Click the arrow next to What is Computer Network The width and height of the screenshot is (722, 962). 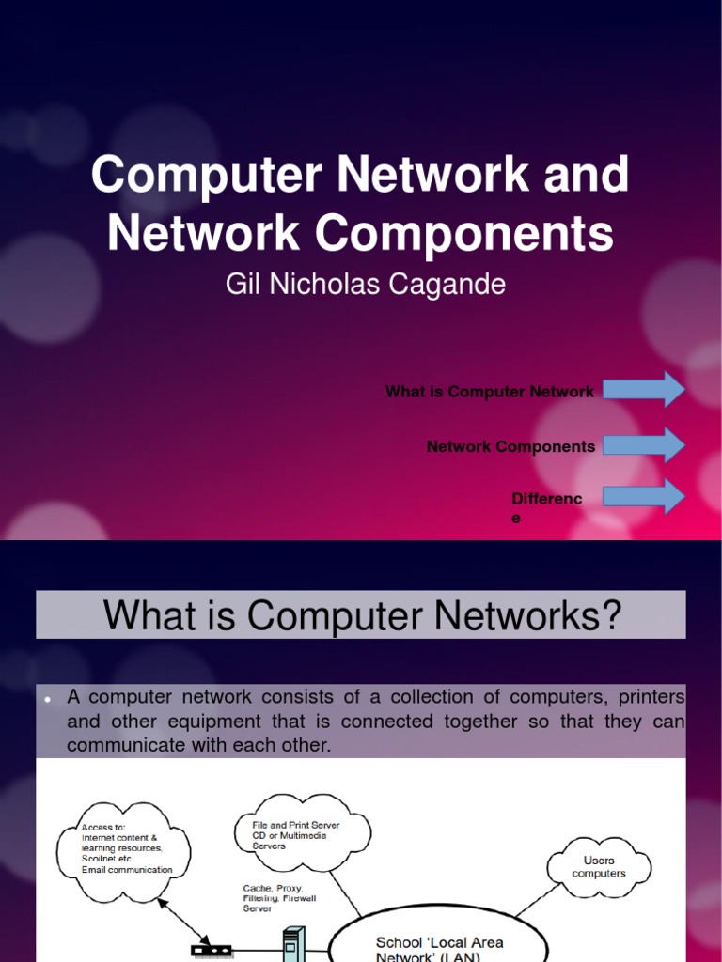(645, 389)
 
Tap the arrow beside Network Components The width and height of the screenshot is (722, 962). (645, 444)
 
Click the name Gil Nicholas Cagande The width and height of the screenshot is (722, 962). (366, 285)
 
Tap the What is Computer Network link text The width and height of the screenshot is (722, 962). (489, 392)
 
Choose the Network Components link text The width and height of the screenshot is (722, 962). (510, 447)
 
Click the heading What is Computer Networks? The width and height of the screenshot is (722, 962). (362, 615)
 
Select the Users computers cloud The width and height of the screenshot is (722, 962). (599, 866)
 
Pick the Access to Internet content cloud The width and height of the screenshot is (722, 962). (123, 848)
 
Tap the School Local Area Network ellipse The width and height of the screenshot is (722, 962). (440, 947)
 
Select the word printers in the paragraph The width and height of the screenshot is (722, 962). (651, 698)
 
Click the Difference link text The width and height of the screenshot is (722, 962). (546, 507)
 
